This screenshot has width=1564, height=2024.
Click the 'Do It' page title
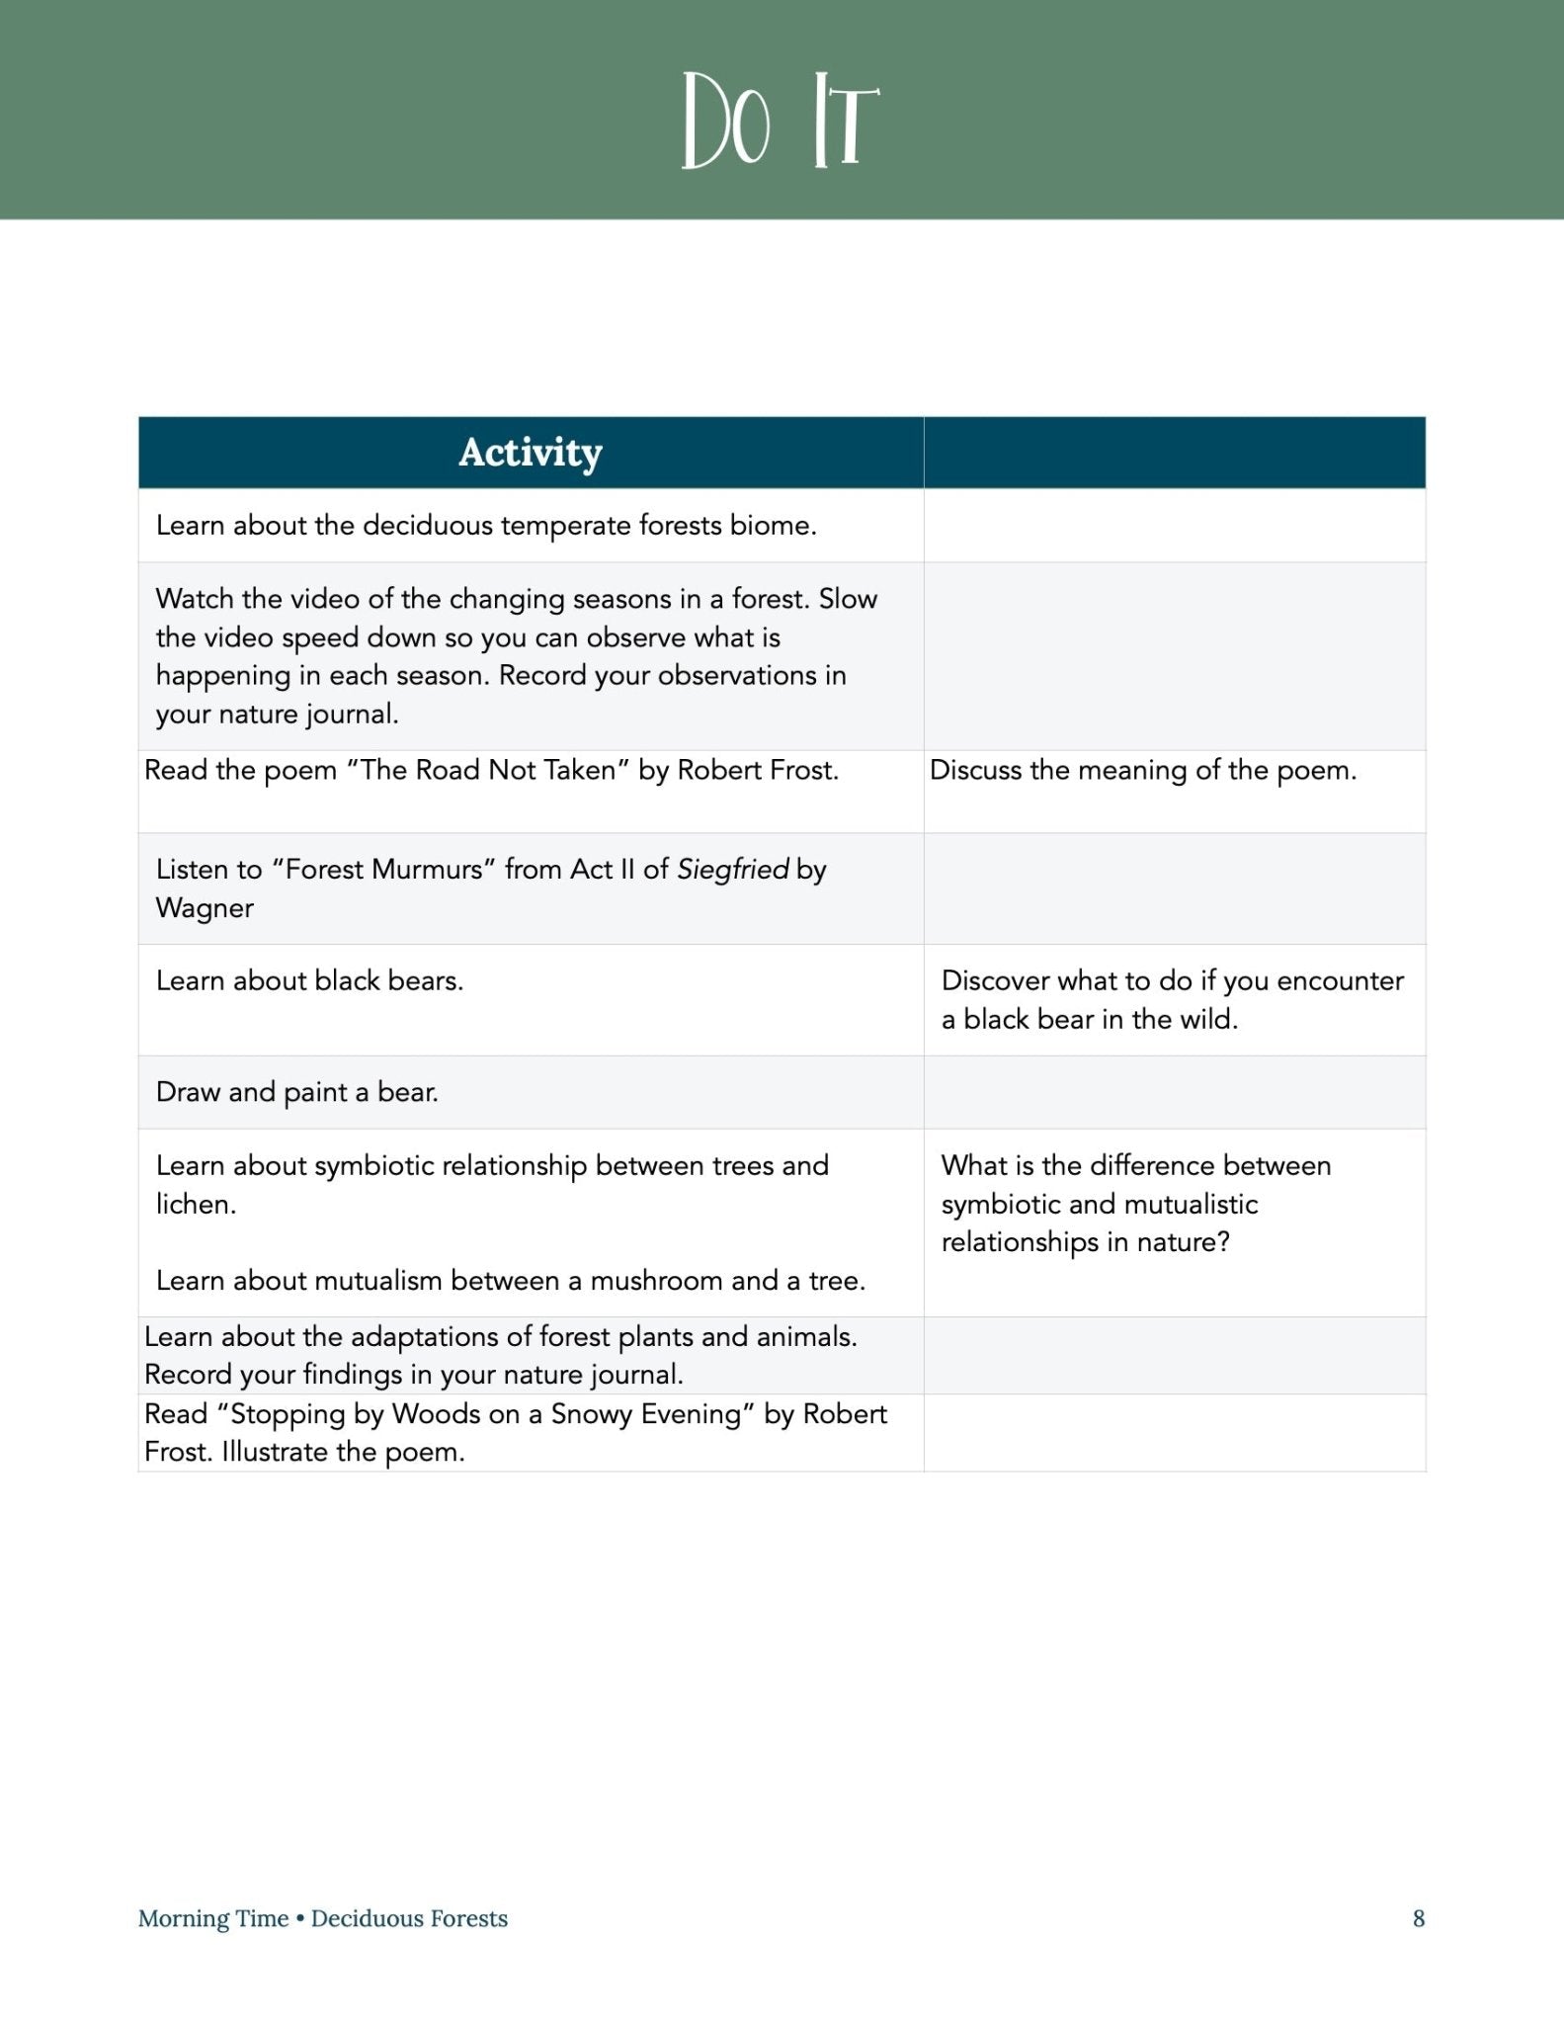point(781,121)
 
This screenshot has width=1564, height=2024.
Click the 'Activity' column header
point(531,453)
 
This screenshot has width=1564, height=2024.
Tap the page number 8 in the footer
point(1419,1918)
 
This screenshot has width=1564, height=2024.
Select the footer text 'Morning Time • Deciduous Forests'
point(323,1918)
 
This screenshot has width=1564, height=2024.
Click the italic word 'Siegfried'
point(732,870)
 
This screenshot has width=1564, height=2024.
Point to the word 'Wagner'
point(205,908)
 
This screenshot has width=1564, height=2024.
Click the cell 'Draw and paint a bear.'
point(297,1092)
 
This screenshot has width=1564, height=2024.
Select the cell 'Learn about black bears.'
point(309,980)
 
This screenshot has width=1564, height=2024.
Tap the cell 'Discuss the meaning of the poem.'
point(1143,770)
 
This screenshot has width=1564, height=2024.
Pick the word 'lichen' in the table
point(194,1204)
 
